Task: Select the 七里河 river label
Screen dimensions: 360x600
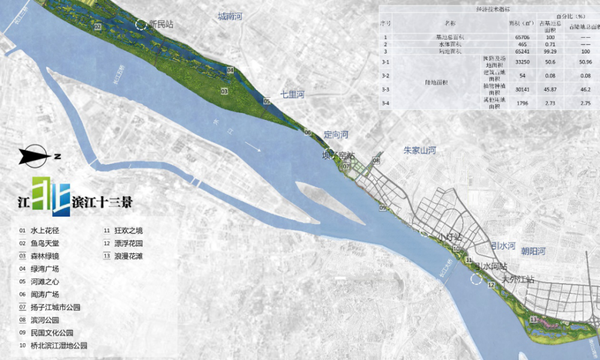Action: [293, 95]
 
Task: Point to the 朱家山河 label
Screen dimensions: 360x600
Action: [419, 150]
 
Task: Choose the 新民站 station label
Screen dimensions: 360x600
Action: [161, 25]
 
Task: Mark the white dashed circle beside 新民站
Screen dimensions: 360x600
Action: [140, 25]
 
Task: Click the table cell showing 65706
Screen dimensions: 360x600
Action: [521, 38]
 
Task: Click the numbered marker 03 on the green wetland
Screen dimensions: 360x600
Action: [224, 91]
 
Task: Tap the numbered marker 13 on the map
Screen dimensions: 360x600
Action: [533, 320]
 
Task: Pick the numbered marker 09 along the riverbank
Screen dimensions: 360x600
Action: [383, 208]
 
